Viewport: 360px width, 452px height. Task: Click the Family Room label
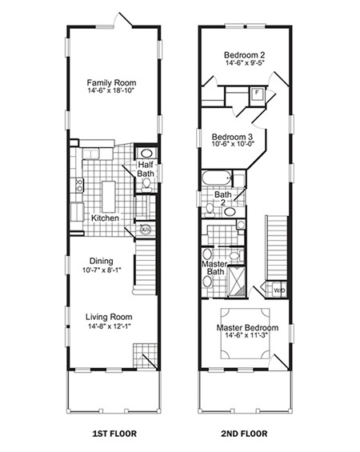pyautogui.click(x=112, y=82)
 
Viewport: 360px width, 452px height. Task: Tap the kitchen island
pyautogui.click(x=108, y=194)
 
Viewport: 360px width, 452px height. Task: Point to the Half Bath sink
pyautogui.click(x=146, y=155)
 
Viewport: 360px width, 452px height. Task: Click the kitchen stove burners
pyautogui.click(x=79, y=186)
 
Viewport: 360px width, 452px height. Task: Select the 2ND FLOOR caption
pyautogui.click(x=245, y=437)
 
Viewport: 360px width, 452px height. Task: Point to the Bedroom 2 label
pyautogui.click(x=245, y=55)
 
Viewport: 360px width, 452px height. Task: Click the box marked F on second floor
pyautogui.click(x=257, y=93)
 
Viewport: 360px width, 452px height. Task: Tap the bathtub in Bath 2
pyautogui.click(x=217, y=178)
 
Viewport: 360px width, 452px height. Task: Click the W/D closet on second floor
pyautogui.click(x=278, y=290)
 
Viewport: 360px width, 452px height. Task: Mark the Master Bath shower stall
pyautogui.click(x=237, y=281)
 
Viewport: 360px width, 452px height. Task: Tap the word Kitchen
pyautogui.click(x=105, y=218)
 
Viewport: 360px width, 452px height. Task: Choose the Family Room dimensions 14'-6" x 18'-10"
pyautogui.click(x=112, y=92)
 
